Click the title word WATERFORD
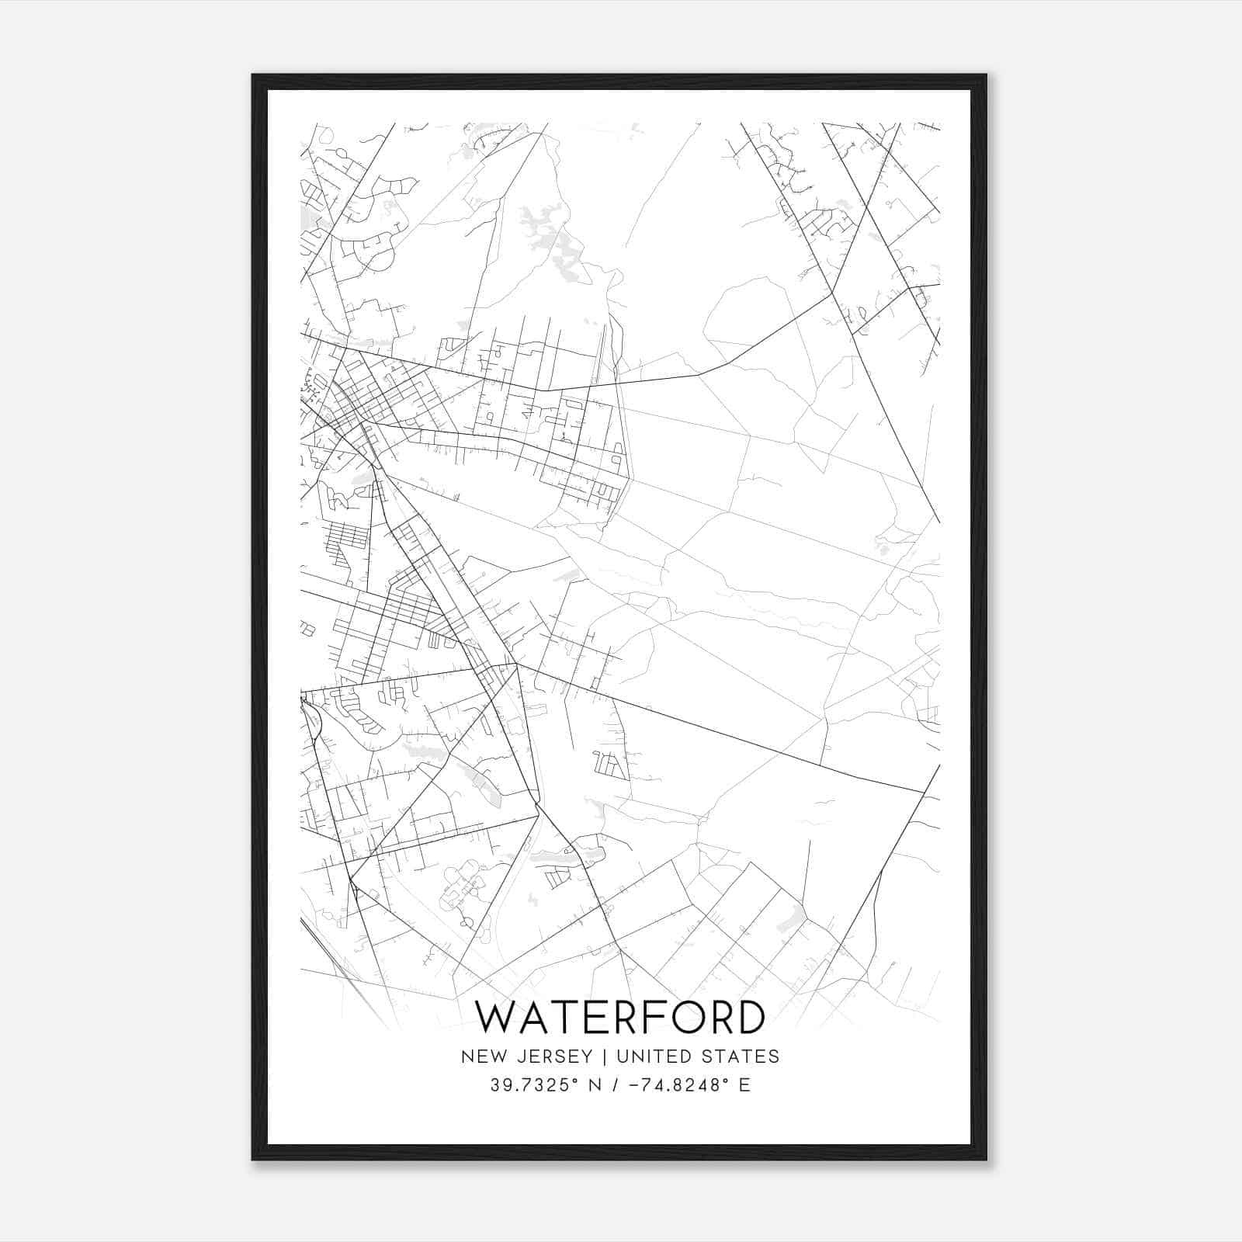pyautogui.click(x=620, y=1017)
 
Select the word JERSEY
pyautogui.click(x=550, y=1056)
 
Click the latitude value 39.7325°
pyautogui.click(x=535, y=1085)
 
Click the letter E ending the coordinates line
pyautogui.click(x=745, y=1085)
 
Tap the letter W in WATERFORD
pyautogui.click(x=498, y=1017)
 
